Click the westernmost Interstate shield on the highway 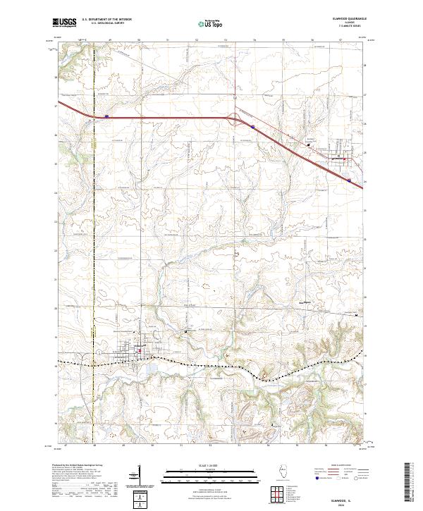tap(106, 116)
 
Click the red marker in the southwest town tap(140, 350)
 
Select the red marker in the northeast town tap(345, 159)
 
